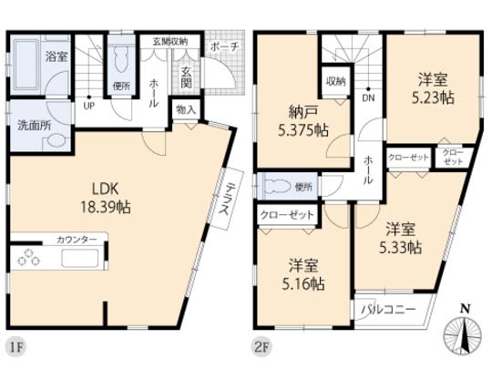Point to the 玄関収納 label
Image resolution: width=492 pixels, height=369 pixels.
pyautogui.click(x=170, y=41)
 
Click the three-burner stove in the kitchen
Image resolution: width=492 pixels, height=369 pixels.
pyautogui.click(x=28, y=258)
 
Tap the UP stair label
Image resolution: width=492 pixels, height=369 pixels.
pyautogui.click(x=89, y=105)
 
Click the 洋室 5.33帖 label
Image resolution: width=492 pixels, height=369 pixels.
pyautogui.click(x=402, y=237)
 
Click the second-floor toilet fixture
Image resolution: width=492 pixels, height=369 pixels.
pyautogui.click(x=277, y=187)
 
